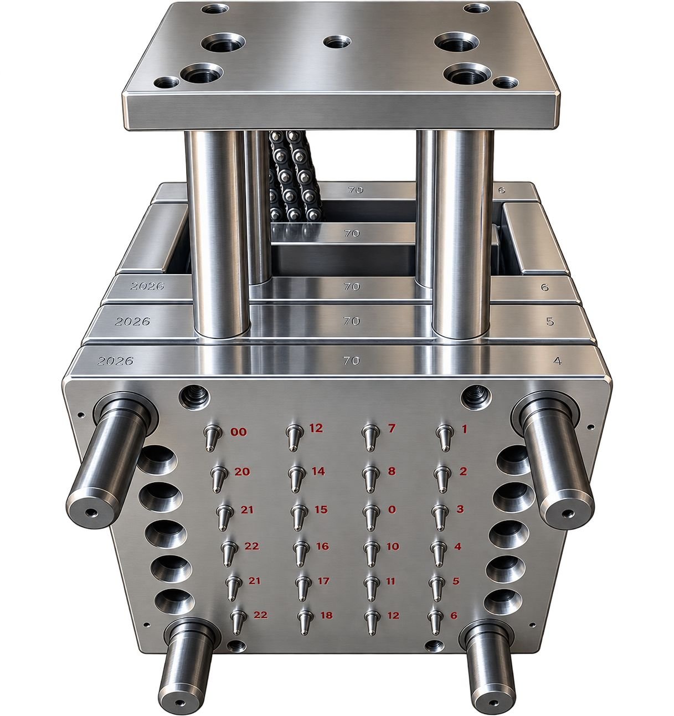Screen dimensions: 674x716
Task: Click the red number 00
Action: [239, 432]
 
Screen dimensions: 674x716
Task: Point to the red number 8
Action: [392, 471]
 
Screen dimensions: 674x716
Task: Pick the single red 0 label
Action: [392, 509]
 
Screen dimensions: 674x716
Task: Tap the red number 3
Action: [460, 509]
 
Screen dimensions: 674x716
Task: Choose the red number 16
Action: [322, 546]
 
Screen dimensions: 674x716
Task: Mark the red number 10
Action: [393, 546]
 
